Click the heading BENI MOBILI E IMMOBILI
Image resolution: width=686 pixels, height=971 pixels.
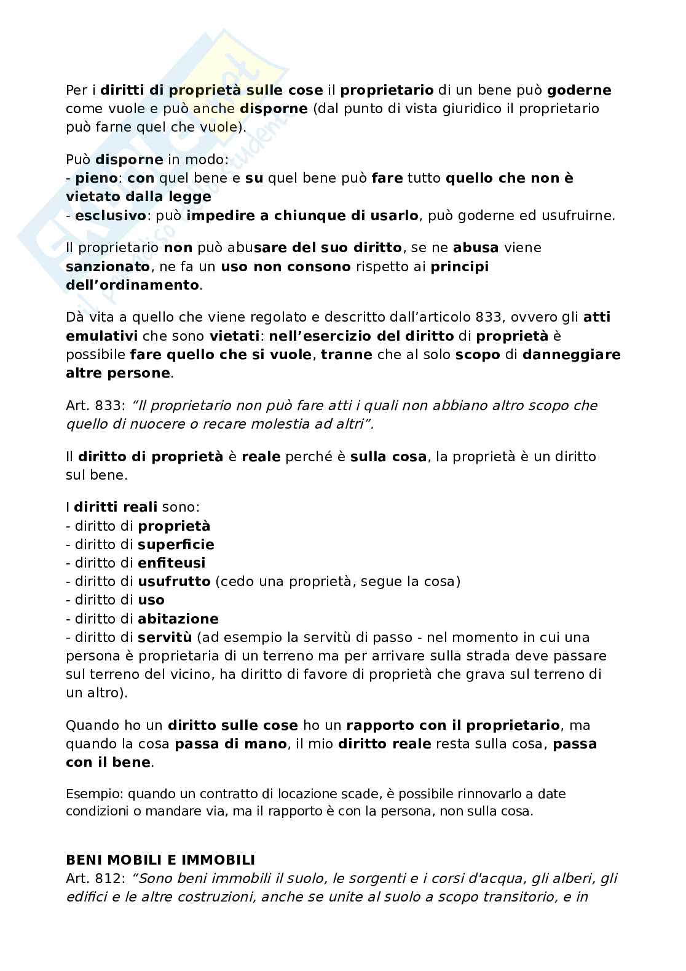[x=160, y=860]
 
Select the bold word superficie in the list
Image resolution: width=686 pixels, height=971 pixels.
[x=176, y=544]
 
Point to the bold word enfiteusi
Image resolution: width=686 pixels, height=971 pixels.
[x=171, y=563]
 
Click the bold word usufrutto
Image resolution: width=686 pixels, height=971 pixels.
[x=174, y=581]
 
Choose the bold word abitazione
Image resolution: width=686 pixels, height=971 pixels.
[x=178, y=619]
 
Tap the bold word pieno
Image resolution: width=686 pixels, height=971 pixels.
[x=97, y=178]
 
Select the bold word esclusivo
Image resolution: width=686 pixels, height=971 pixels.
[x=111, y=216]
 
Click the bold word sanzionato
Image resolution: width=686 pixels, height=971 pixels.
[x=108, y=267]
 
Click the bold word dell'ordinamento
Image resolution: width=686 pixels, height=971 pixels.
[x=132, y=285]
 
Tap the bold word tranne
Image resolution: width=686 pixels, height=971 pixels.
[x=347, y=355]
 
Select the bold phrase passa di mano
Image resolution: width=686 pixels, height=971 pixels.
[x=231, y=744]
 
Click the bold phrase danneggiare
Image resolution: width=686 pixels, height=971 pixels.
[x=571, y=355]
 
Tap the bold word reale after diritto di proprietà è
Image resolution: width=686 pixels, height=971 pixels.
[x=261, y=456]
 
